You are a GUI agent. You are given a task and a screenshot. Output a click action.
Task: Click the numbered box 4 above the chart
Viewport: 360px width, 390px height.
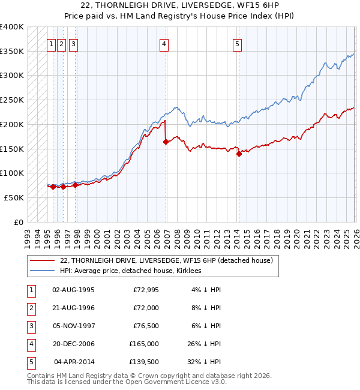(164, 43)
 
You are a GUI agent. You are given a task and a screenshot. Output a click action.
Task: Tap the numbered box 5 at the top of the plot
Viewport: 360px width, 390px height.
(237, 43)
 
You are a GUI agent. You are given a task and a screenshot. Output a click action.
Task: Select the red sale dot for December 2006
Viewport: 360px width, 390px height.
(166, 142)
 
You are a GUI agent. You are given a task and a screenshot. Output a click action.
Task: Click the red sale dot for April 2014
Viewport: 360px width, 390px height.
(239, 154)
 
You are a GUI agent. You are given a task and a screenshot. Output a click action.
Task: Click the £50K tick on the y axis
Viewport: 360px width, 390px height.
(14, 197)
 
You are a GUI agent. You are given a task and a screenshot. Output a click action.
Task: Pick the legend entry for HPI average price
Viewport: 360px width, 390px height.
(130, 271)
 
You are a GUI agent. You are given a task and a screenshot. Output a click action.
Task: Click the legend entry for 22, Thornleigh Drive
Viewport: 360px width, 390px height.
(166, 260)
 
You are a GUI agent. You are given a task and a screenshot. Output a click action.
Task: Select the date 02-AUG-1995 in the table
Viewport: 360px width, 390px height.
(73, 290)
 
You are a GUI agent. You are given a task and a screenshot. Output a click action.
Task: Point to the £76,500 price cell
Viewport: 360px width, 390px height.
(145, 326)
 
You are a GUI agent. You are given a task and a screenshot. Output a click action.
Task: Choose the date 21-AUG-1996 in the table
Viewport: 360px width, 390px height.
(73, 308)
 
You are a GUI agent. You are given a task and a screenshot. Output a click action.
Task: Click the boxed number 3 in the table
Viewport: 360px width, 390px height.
(30, 326)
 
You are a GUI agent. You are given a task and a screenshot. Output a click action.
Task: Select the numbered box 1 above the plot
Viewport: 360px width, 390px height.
(52, 43)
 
